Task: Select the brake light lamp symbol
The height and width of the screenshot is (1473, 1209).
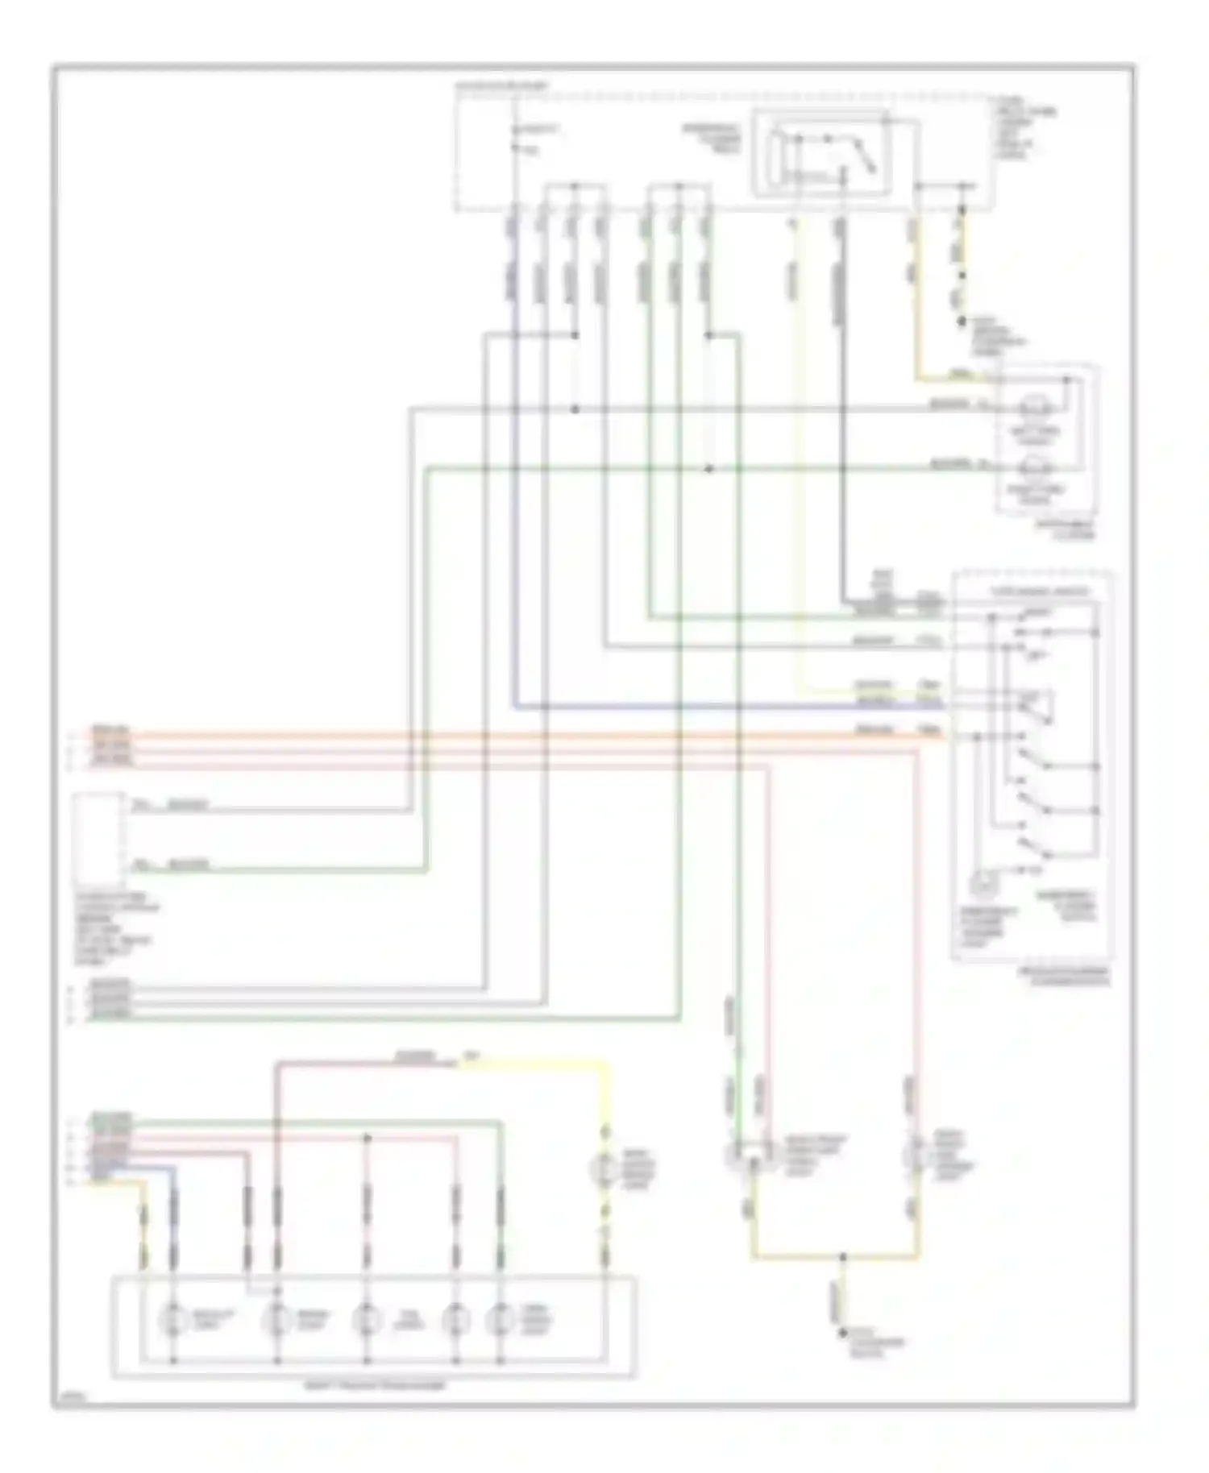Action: point(278,1320)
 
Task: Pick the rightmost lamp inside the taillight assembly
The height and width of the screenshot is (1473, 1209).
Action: point(500,1320)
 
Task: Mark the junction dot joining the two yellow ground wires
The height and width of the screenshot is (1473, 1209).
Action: point(841,1257)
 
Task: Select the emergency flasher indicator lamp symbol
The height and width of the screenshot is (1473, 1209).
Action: point(982,885)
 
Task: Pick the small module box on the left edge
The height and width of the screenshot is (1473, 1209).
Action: point(97,838)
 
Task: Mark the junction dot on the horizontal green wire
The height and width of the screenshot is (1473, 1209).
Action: point(708,468)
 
